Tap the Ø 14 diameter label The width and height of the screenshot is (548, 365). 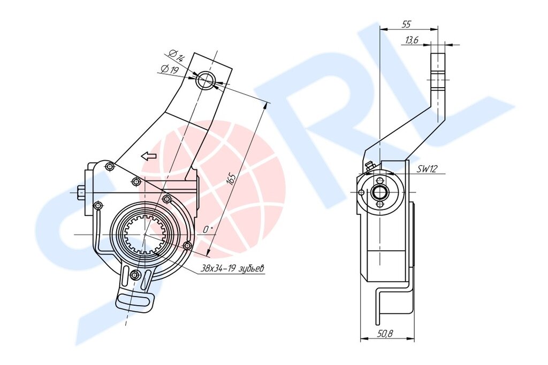tap(177, 56)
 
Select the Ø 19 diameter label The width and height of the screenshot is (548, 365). tap(170, 69)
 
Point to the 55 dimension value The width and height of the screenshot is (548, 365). tap(407, 25)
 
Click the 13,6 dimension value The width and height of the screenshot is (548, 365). tap(412, 40)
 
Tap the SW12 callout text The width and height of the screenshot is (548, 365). tap(427, 169)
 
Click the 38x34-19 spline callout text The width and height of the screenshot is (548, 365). tap(232, 269)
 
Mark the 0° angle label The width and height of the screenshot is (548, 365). tap(208, 229)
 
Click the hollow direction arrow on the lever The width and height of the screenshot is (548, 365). tap(149, 156)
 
